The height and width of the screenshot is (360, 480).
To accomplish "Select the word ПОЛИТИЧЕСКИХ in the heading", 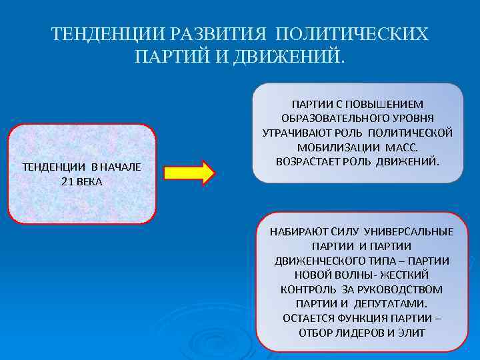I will pyautogui.click(x=352, y=34).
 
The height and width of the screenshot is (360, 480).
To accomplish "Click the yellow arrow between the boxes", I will pyautogui.click(x=189, y=171).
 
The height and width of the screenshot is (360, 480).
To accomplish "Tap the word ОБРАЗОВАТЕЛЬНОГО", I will pyautogui.click(x=323, y=119).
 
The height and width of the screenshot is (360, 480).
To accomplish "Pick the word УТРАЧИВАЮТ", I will pyautogui.click(x=297, y=133).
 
